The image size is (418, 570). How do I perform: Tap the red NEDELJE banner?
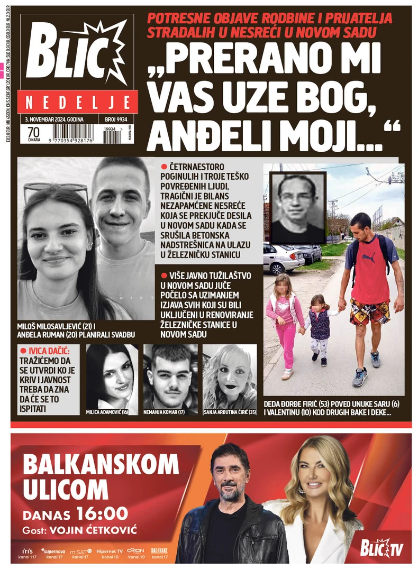(x=78, y=102)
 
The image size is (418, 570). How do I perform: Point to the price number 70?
(x=33, y=131)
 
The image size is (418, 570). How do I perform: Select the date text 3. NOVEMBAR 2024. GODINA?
(x=54, y=119)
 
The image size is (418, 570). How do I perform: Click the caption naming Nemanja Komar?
(x=170, y=411)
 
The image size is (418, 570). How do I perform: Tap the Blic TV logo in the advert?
(x=381, y=549)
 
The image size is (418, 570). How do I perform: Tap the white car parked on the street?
(x=283, y=259)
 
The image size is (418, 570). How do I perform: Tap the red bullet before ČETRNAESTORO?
(x=165, y=167)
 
